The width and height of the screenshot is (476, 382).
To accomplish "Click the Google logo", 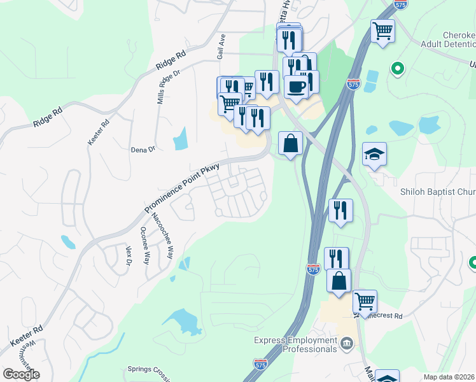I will (21, 374).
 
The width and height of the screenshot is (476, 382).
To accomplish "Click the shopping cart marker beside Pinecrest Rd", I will (365, 301).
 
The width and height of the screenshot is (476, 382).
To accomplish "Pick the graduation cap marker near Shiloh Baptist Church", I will (375, 154).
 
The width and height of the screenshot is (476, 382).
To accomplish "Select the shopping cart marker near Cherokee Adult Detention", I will (382, 29).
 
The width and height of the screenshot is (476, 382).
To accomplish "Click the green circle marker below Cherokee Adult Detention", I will (398, 68).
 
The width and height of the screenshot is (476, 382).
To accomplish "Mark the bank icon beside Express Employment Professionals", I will (347, 344).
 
